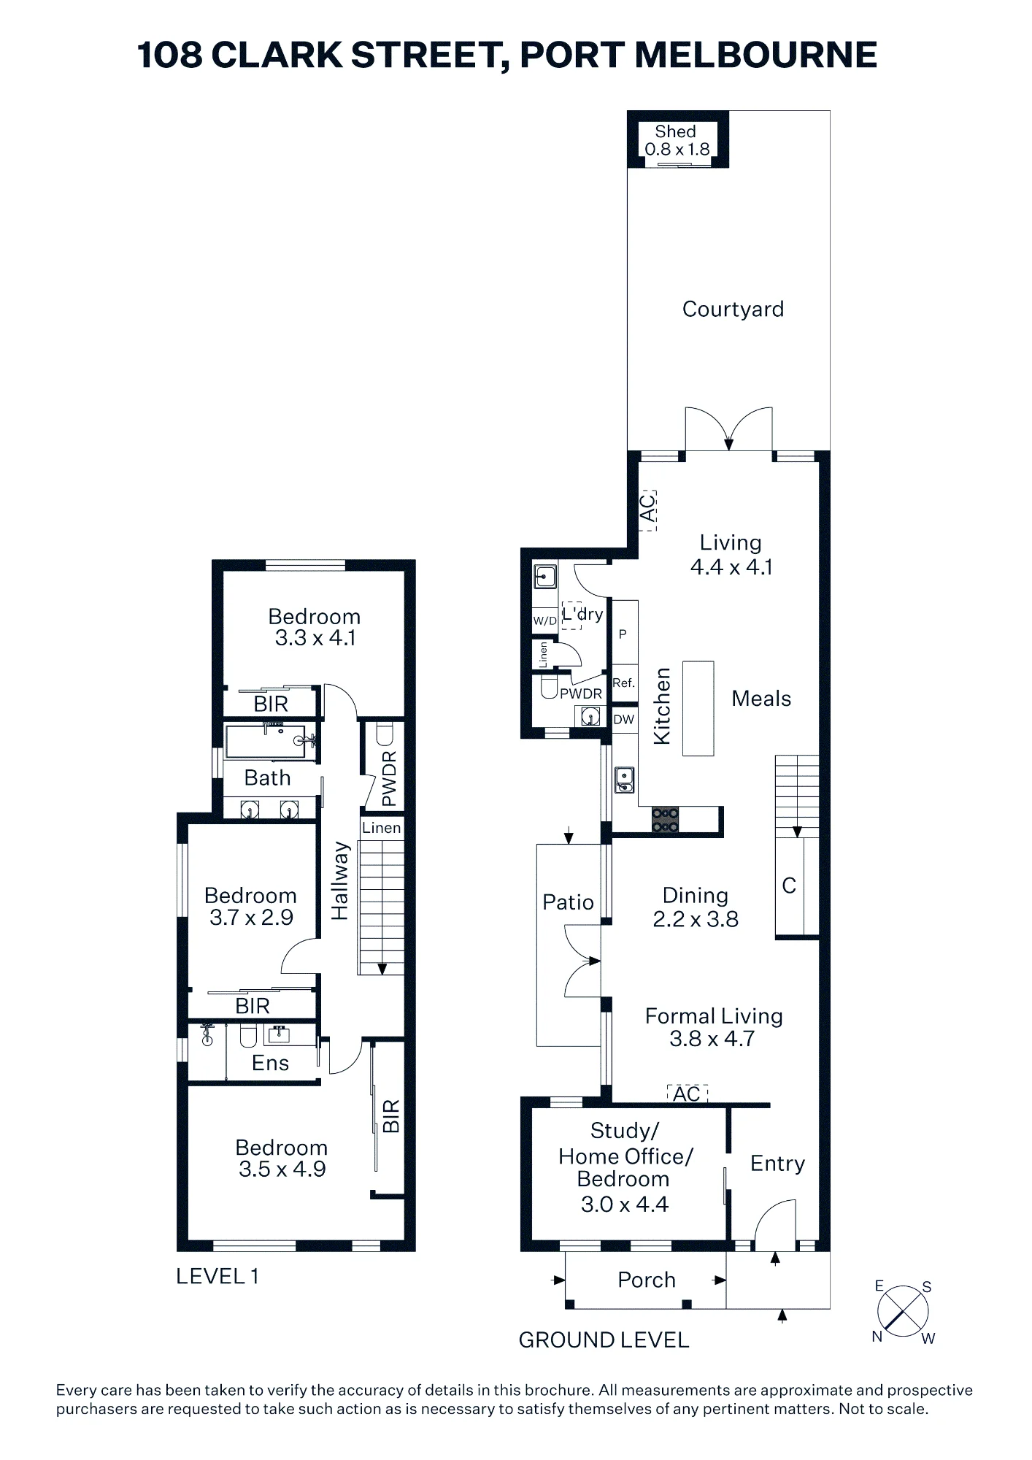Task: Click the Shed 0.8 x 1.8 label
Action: coord(677,140)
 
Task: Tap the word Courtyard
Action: coord(733,310)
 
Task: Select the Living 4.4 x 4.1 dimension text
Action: coord(731,555)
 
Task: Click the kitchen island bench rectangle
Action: coord(698,708)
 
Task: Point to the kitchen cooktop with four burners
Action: coord(665,820)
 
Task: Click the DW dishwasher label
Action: coord(623,720)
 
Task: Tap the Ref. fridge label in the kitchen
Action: coord(623,683)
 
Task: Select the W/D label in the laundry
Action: coord(544,621)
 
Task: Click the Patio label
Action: coord(568,903)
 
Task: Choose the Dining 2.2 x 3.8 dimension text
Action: coord(696,907)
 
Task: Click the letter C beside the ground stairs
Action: coord(789,885)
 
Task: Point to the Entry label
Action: coord(777,1164)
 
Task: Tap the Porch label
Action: coord(647,1280)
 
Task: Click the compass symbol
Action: coord(903,1312)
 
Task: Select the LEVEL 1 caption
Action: coord(217,1276)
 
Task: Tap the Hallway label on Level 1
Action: coord(340,880)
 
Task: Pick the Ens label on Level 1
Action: coord(270,1063)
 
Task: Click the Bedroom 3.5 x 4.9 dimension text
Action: coord(282,1159)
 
